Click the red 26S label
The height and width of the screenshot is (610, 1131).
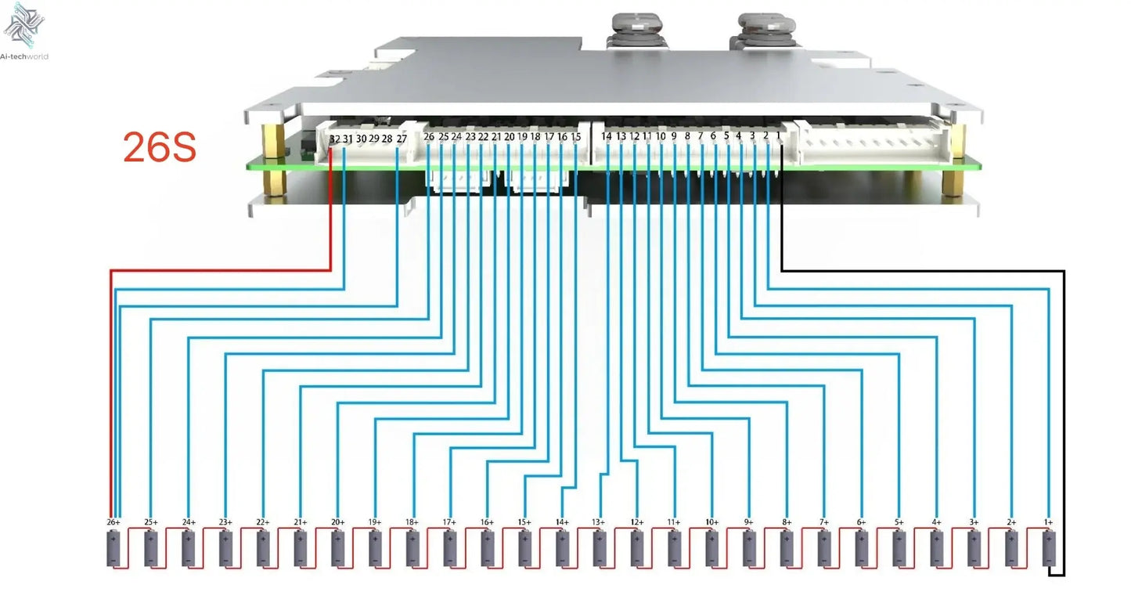(x=159, y=146)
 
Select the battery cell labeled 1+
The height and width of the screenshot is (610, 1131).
(x=1049, y=548)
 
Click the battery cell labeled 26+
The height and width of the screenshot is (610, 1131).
(x=113, y=548)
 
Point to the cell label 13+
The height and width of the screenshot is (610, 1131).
(x=599, y=522)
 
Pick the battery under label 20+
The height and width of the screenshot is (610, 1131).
(x=337, y=548)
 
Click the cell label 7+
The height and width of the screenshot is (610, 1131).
(x=823, y=522)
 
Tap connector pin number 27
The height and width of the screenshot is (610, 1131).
(x=402, y=139)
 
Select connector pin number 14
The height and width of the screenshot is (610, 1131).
(x=607, y=137)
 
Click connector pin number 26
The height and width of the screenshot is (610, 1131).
(x=429, y=137)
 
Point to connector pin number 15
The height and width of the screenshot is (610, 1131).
(x=576, y=137)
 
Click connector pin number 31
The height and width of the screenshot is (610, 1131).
(x=348, y=139)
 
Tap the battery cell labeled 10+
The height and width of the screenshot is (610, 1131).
(x=711, y=548)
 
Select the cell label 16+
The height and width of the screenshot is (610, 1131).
(x=487, y=522)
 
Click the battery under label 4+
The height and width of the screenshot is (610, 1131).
(x=936, y=548)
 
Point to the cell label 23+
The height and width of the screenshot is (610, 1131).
(x=225, y=522)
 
